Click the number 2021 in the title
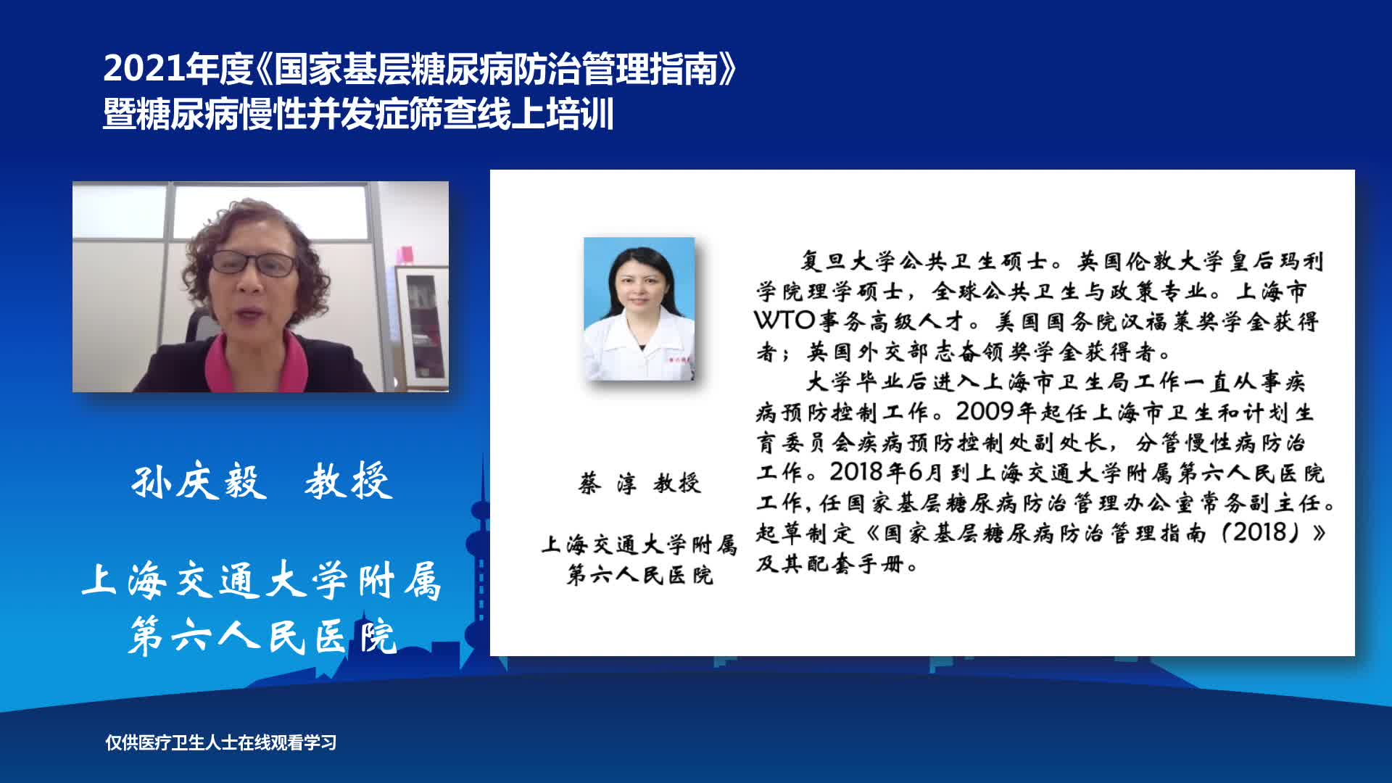point(144,69)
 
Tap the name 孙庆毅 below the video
point(199,481)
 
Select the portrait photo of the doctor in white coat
point(639,309)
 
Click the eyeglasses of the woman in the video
point(254,262)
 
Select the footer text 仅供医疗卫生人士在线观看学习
point(221,742)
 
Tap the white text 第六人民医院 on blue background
point(262,637)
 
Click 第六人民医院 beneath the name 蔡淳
point(640,576)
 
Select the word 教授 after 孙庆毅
point(349,481)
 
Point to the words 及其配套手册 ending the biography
point(837,563)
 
